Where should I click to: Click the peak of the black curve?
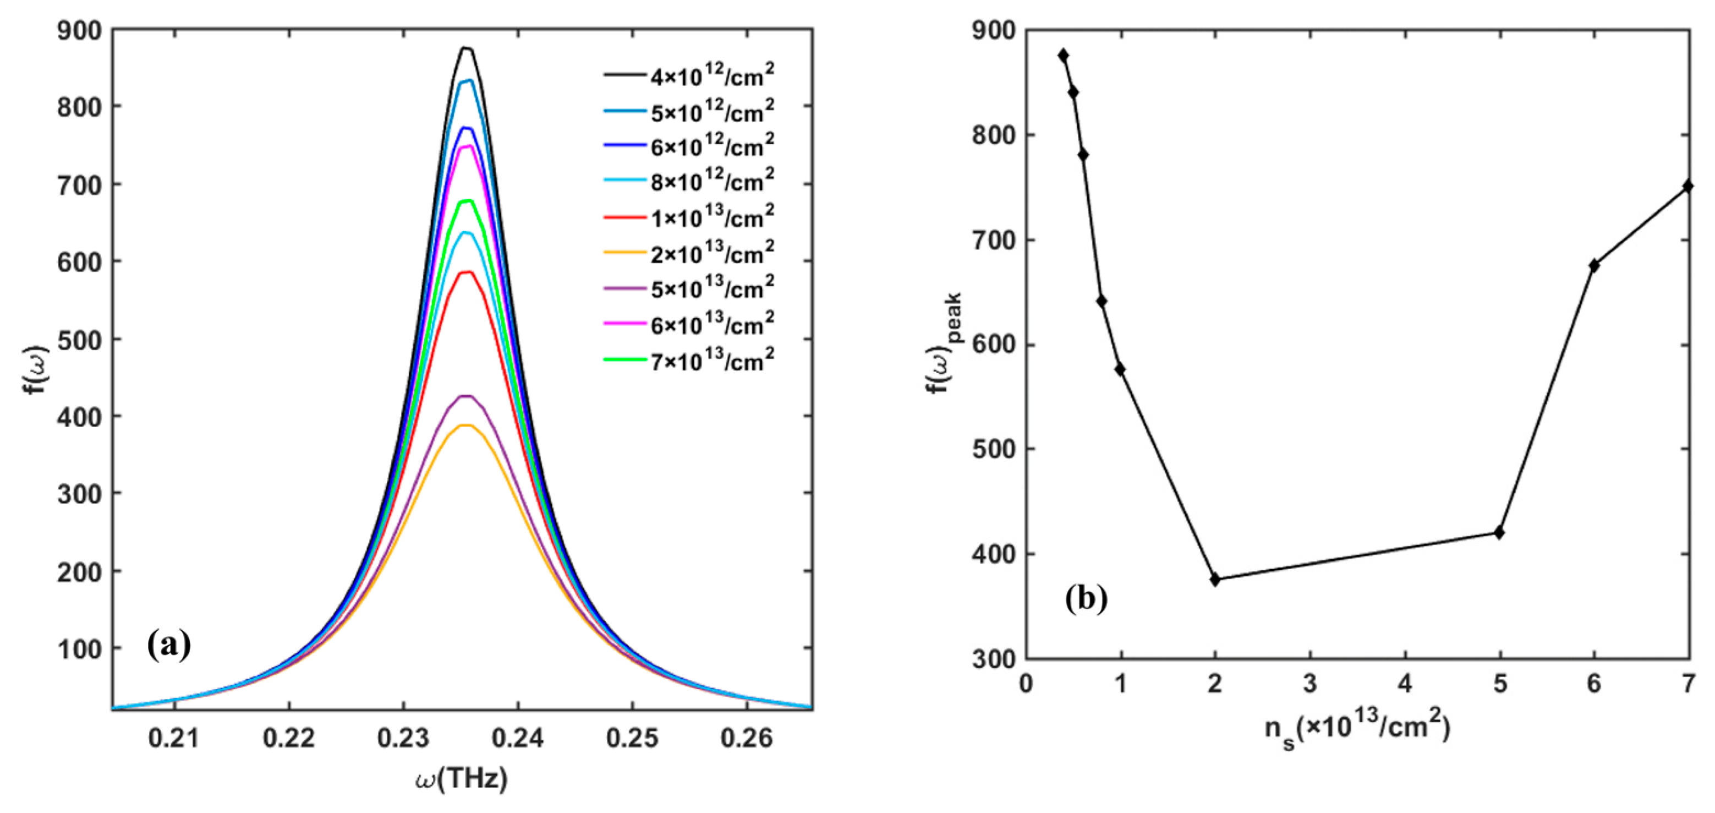pyautogui.click(x=467, y=48)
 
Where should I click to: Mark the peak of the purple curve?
pyautogui.click(x=467, y=396)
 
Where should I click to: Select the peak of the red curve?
pyautogui.click(x=467, y=272)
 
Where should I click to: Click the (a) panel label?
pyautogui.click(x=168, y=645)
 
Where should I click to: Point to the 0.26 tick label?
pyautogui.click(x=747, y=738)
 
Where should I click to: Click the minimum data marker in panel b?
pyautogui.click(x=1215, y=579)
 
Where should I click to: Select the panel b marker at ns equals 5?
pyautogui.click(x=1499, y=533)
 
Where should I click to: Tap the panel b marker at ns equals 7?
pyautogui.click(x=1687, y=185)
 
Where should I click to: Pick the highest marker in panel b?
pyautogui.click(x=1063, y=55)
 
